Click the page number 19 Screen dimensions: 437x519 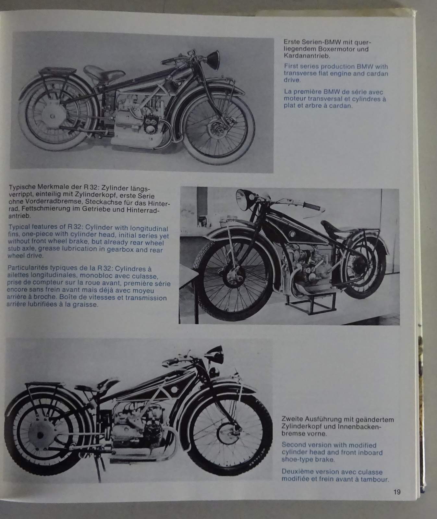click(397, 492)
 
